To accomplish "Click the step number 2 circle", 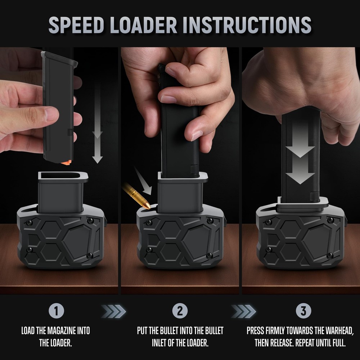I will (180, 311).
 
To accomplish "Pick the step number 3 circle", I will (303, 311).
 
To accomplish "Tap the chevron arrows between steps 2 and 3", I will (243, 310).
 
